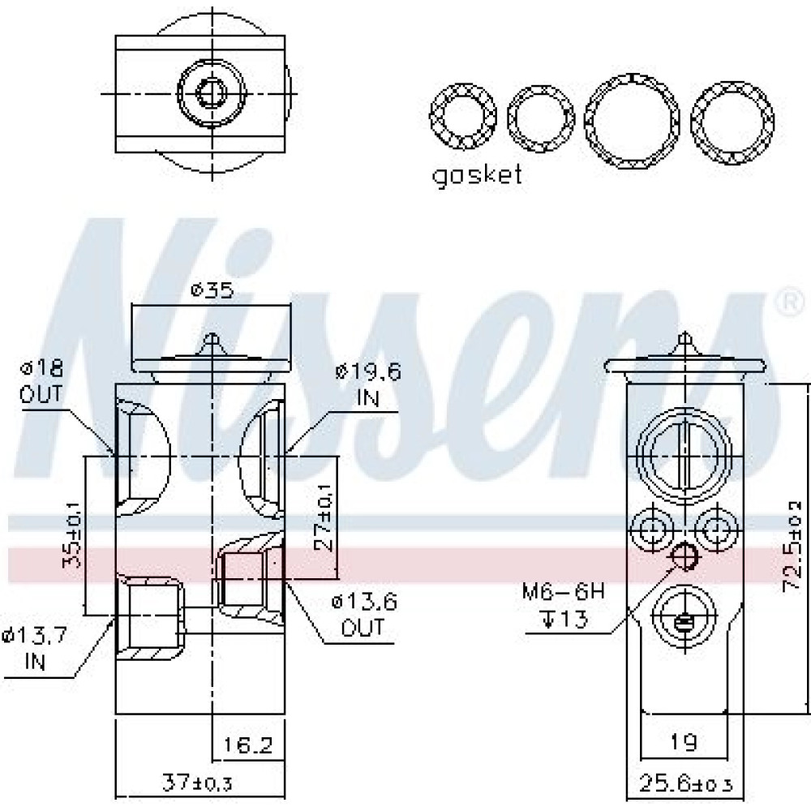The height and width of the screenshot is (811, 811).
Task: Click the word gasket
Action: [x=476, y=177]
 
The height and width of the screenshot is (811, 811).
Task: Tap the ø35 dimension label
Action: [x=212, y=290]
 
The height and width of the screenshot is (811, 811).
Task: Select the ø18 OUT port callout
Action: [x=41, y=382]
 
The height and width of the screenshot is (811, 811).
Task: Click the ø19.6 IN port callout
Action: [x=367, y=384]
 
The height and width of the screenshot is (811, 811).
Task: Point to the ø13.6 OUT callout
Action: [x=365, y=615]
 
